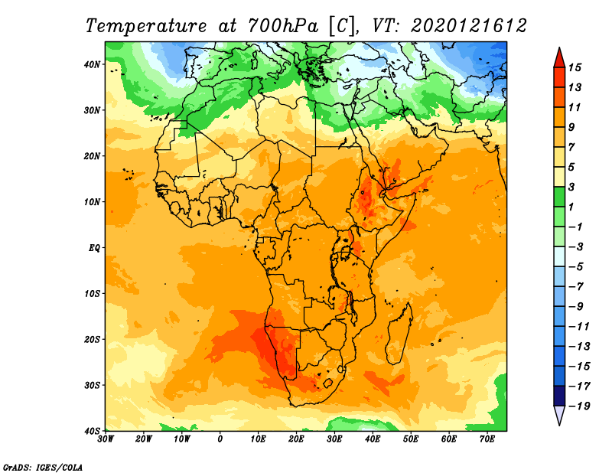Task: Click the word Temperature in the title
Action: tap(146, 26)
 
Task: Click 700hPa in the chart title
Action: tap(282, 26)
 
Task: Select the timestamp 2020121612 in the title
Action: tap(469, 26)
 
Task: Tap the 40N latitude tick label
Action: tap(92, 64)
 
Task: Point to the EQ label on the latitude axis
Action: tap(94, 248)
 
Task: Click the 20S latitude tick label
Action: tap(92, 339)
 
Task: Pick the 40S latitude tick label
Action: tap(92, 431)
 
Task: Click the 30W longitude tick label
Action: tap(106, 439)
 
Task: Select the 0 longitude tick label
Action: tap(220, 439)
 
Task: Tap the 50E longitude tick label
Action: tap(411, 439)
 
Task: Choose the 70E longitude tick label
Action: tap(487, 439)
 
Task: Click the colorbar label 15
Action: tap(575, 67)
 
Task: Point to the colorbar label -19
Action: tap(579, 406)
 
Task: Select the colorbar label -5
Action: tap(576, 267)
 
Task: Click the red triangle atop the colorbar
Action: tap(559, 58)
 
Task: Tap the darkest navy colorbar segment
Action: tap(559, 396)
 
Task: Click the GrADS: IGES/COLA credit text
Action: tap(43, 468)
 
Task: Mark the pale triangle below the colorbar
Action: tap(559, 416)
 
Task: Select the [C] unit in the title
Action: tap(343, 27)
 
